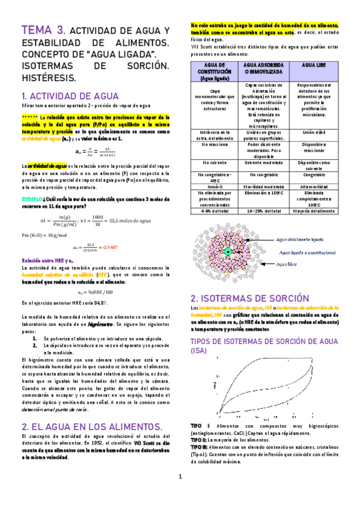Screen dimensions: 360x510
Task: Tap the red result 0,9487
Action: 109,247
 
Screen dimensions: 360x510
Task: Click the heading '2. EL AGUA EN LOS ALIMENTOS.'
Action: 88,426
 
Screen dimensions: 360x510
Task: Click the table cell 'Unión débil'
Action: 314,132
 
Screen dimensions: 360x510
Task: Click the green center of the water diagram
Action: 228,251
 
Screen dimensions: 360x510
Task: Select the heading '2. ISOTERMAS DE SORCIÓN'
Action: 242,298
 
